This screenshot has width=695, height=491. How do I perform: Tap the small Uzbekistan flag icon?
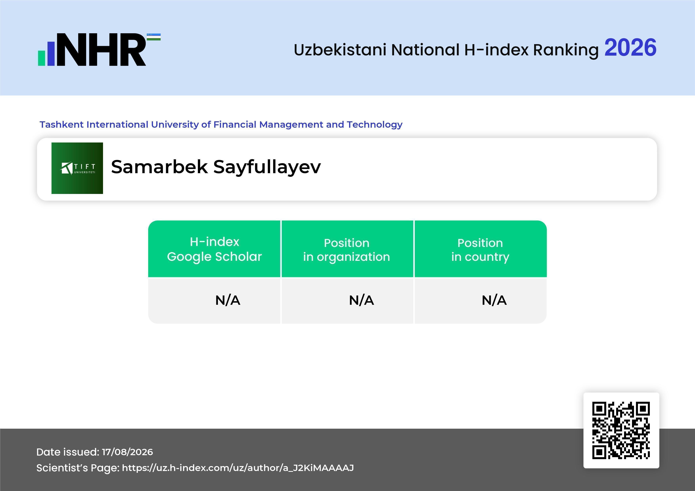coord(154,37)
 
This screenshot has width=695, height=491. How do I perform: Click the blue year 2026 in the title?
coord(630,48)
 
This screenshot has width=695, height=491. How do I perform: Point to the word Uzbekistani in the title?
coord(340,50)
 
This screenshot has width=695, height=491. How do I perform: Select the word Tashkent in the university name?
coord(62,124)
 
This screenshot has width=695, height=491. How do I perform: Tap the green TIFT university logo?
coord(77,168)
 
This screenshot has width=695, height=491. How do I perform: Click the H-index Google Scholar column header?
coord(214,249)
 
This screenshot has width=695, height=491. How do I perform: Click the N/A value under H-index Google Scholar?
coord(228,300)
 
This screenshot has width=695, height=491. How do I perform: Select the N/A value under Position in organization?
coord(361,300)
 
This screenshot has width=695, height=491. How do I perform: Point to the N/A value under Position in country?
coord(494,300)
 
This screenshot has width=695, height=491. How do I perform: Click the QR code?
coord(621,430)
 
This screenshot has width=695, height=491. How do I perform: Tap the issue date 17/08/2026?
coord(127,452)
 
